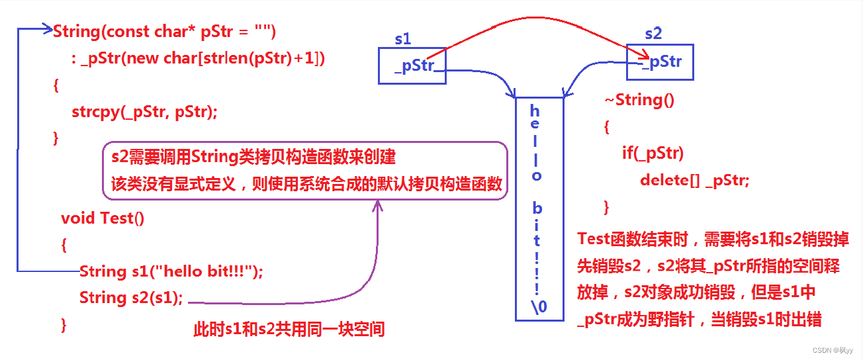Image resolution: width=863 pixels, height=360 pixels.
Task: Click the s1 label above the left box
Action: click(402, 39)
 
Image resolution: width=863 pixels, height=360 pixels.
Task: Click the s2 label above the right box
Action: click(653, 33)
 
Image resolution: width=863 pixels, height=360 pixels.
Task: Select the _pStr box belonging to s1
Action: click(412, 66)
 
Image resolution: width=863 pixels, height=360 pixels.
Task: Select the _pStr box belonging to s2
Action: click(660, 62)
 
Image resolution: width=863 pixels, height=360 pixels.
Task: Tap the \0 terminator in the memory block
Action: click(539, 306)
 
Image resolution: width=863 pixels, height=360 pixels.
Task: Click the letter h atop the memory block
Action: click(535, 111)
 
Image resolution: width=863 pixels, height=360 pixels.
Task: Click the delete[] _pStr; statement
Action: click(694, 180)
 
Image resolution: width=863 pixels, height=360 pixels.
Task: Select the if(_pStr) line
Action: click(652, 154)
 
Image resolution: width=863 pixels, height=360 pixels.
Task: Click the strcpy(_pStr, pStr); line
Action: click(144, 112)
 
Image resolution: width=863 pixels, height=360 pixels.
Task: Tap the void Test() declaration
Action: click(103, 218)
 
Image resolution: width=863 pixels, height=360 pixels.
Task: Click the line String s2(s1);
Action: click(131, 297)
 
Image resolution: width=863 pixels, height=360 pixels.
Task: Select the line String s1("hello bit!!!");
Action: click(171, 271)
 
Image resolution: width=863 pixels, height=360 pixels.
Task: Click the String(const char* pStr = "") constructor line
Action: click(164, 31)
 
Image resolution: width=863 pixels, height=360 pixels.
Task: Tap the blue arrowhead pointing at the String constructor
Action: click(47, 29)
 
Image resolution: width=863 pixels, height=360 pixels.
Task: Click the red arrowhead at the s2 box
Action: click(643, 56)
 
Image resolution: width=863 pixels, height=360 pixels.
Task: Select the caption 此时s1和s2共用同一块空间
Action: click(288, 328)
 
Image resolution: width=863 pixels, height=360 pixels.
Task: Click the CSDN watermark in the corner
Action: click(835, 349)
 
